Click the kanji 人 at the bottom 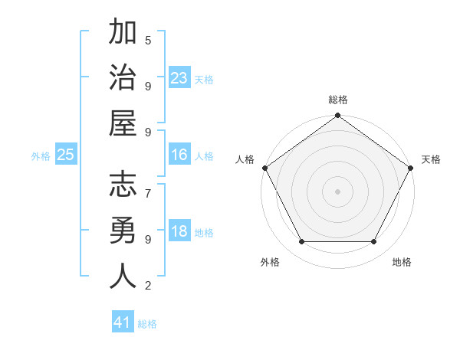tap(123, 275)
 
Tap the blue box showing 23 tap(179, 77)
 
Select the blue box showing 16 tap(179, 155)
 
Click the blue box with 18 tap(179, 231)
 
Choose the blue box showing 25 tap(66, 155)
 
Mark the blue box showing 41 tap(123, 322)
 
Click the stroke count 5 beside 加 tap(148, 40)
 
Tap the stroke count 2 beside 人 tap(148, 286)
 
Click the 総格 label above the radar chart tap(337, 100)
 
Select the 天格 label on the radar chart tap(431, 159)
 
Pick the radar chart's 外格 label tap(270, 262)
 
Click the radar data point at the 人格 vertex tap(264, 168)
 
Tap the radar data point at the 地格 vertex tap(374, 242)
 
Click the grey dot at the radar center tap(337, 191)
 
